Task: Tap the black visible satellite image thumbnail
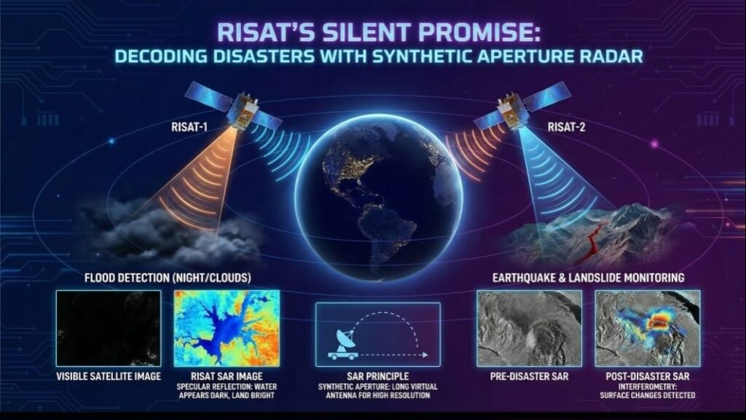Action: (x=108, y=328)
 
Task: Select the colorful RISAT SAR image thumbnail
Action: (x=227, y=328)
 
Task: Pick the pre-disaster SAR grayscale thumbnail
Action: (x=528, y=328)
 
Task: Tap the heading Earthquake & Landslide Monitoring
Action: (x=588, y=278)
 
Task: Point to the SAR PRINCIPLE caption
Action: (x=377, y=377)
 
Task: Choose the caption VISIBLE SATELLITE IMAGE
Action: (x=108, y=377)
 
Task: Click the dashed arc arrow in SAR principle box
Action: (x=386, y=325)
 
